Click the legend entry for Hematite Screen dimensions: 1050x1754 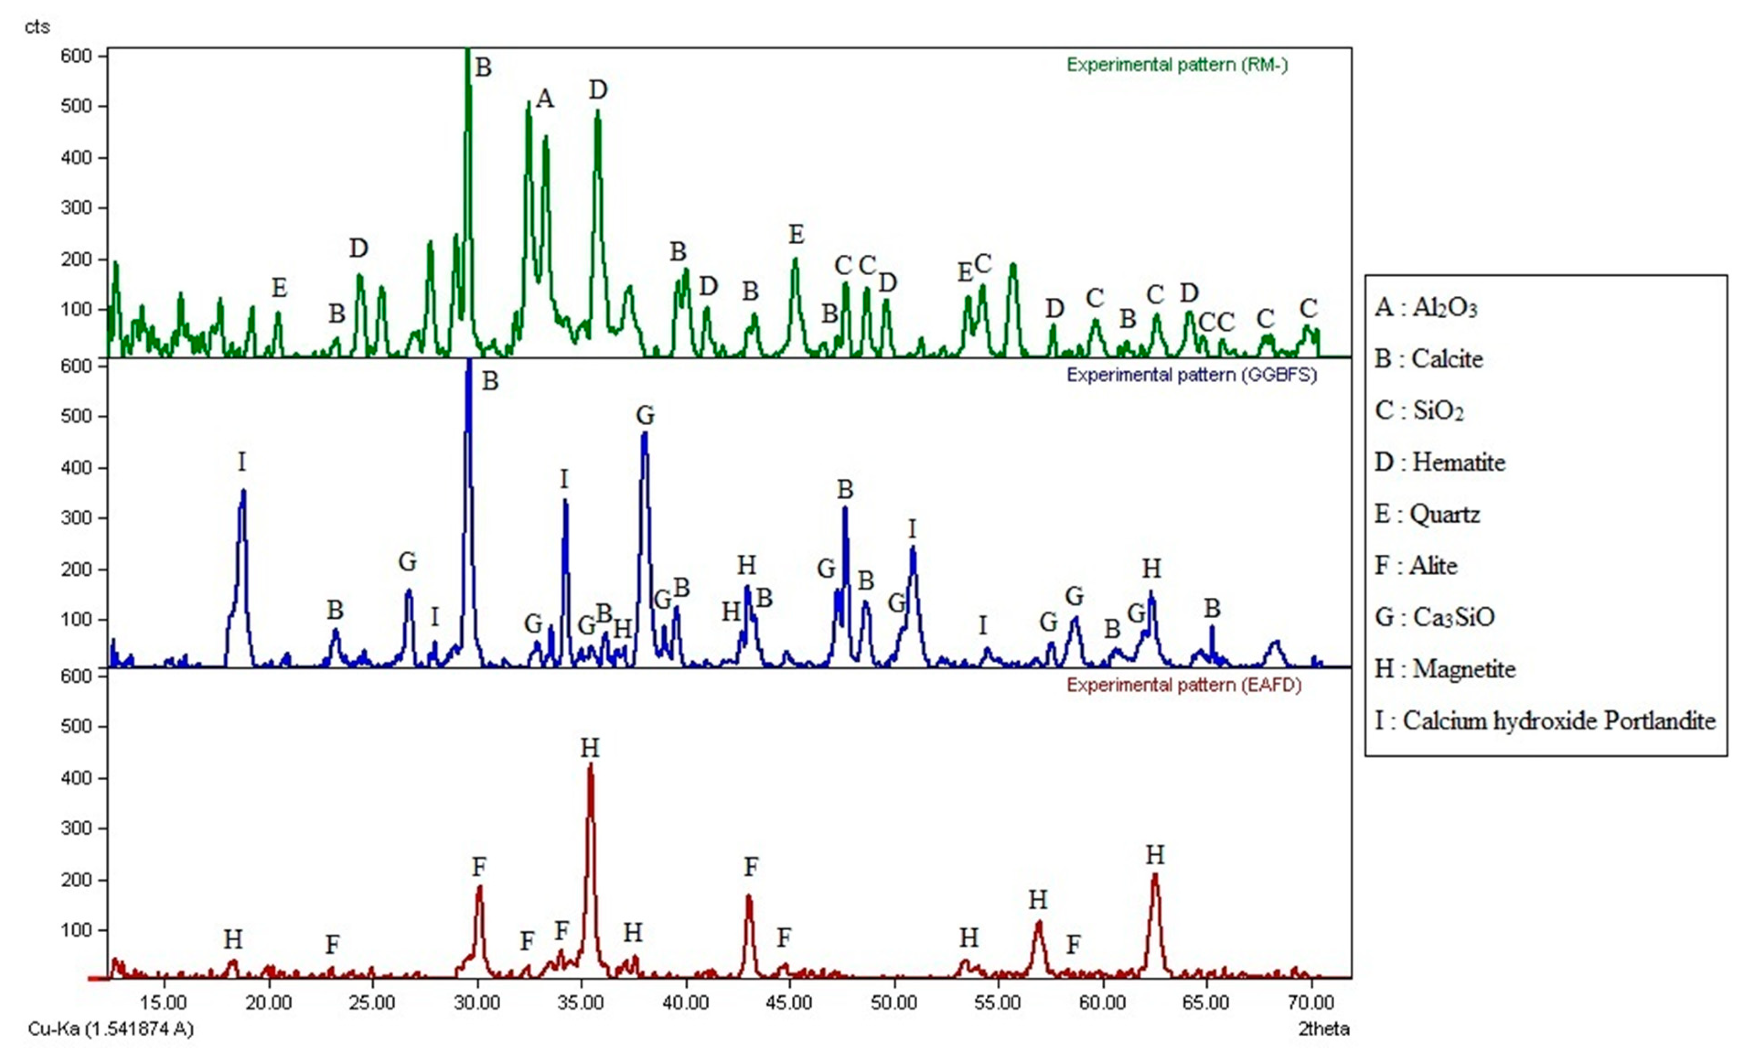(x=1440, y=463)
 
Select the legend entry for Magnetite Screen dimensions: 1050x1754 (x=1445, y=670)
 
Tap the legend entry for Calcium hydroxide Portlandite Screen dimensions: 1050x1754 (x=1545, y=721)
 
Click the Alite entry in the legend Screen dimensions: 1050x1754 (x=1416, y=566)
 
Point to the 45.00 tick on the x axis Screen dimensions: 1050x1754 (x=790, y=1002)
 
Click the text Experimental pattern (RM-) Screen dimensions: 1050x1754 (x=1177, y=65)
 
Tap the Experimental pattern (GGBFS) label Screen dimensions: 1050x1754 (x=1192, y=375)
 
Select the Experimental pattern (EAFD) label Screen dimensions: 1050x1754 (x=1184, y=685)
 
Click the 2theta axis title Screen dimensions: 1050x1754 (x=1323, y=1029)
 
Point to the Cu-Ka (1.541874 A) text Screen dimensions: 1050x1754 (x=110, y=1029)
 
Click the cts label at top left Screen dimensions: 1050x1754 (x=37, y=27)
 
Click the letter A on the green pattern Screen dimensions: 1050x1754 (x=544, y=98)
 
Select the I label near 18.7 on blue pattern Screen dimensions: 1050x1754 (x=242, y=463)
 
